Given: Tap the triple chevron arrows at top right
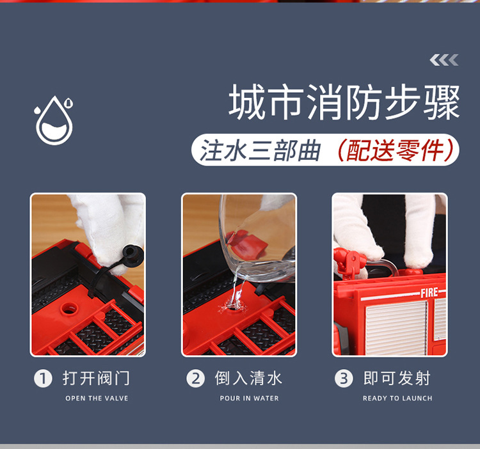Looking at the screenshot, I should [x=444, y=60].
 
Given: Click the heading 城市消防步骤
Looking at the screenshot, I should [x=345, y=102].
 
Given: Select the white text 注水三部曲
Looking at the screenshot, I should [x=260, y=150].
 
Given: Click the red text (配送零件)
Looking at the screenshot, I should [x=396, y=150].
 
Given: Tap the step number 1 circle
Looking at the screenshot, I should [x=42, y=379].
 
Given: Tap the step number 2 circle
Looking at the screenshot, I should [x=195, y=379].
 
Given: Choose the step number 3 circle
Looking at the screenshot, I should [x=344, y=379].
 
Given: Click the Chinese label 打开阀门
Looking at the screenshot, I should [x=96, y=379].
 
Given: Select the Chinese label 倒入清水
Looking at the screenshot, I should [x=248, y=379].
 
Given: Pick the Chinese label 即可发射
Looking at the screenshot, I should [x=397, y=379].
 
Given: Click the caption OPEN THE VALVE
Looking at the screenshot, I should [x=97, y=398].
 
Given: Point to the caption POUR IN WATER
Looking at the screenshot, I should [x=249, y=398].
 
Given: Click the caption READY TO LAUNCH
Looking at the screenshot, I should [x=397, y=398].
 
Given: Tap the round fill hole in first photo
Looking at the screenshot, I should [x=69, y=308].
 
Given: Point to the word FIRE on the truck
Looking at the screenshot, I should [x=429, y=293].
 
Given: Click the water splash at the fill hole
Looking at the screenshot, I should [x=235, y=304].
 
